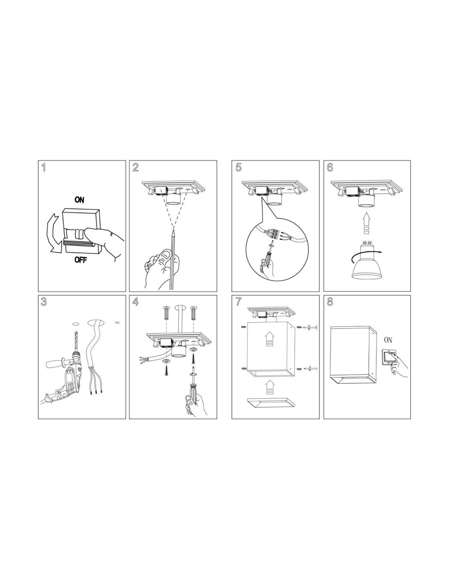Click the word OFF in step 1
click(81, 259)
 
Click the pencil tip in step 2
click(173, 230)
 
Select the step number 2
click(135, 168)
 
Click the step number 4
click(135, 302)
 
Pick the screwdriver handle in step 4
click(191, 393)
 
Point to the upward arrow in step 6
click(367, 223)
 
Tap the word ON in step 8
click(388, 340)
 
